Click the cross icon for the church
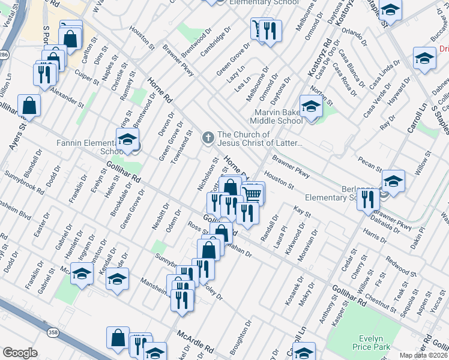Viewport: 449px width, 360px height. [x=208, y=139]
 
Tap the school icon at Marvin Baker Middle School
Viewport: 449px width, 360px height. [x=311, y=107]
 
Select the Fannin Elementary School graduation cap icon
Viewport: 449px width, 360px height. [x=127, y=140]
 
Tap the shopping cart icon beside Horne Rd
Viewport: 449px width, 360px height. [x=253, y=194]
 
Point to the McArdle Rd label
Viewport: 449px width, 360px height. [x=195, y=340]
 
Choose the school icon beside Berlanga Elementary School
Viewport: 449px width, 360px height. [x=393, y=181]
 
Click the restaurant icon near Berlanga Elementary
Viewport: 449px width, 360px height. [x=367, y=199]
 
